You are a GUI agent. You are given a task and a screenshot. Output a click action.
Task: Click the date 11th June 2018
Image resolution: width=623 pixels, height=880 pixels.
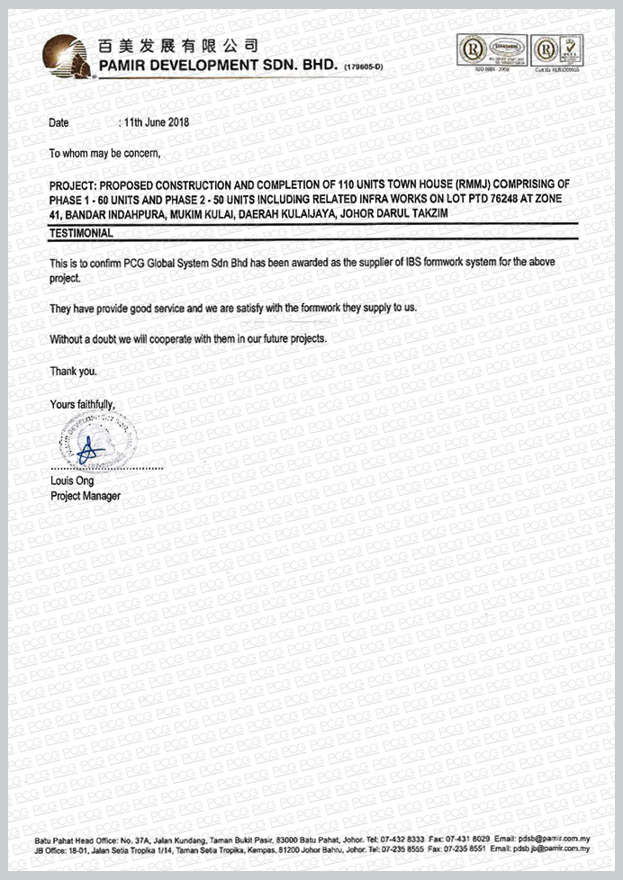pyautogui.click(x=155, y=121)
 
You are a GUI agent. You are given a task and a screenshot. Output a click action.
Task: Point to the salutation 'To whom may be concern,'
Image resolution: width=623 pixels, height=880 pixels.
pyautogui.click(x=104, y=153)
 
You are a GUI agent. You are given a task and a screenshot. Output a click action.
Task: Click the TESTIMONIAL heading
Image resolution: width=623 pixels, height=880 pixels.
pyautogui.click(x=81, y=233)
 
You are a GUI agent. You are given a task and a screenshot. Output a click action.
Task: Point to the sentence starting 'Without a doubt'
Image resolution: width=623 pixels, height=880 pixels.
pyautogui.click(x=188, y=338)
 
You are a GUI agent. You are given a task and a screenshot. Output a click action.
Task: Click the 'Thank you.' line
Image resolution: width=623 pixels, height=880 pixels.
pyautogui.click(x=72, y=370)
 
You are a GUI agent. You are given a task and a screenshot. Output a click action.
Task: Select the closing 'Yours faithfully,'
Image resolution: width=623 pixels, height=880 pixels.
pyautogui.click(x=83, y=404)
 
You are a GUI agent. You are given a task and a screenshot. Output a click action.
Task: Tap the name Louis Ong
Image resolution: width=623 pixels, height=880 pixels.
pyautogui.click(x=72, y=481)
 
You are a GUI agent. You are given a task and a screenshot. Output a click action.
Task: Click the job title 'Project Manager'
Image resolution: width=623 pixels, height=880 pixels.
pyautogui.click(x=86, y=496)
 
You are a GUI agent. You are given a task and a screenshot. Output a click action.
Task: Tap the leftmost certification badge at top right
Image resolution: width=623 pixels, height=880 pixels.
pyautogui.click(x=473, y=49)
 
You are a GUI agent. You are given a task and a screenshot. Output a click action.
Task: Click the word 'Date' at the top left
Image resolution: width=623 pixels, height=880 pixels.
pyautogui.click(x=59, y=121)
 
